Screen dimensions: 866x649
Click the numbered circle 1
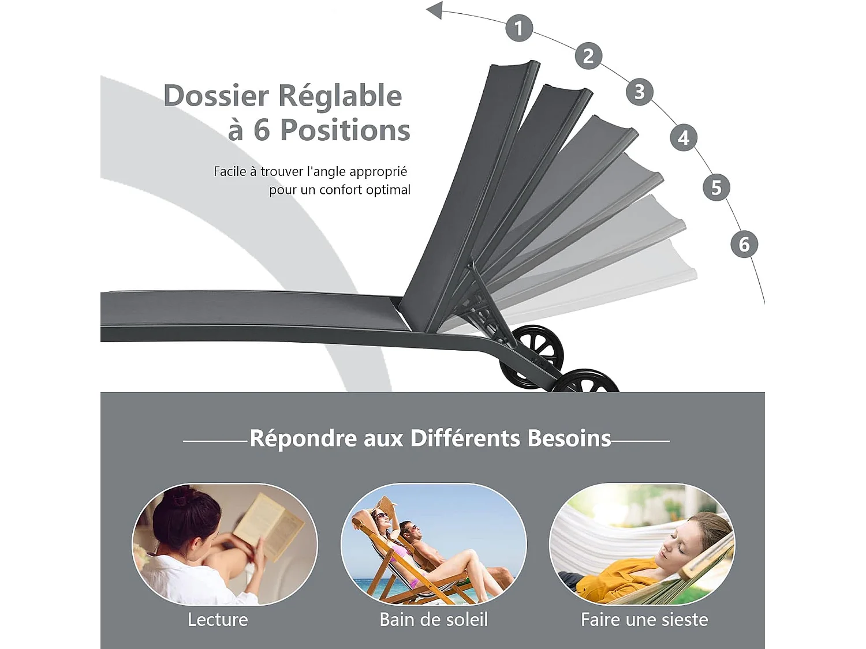click(x=519, y=28)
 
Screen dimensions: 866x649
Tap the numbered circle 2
click(x=588, y=56)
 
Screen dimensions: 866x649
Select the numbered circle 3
click(x=640, y=92)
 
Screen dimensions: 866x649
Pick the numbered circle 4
click(x=684, y=137)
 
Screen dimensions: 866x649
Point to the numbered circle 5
click(x=716, y=187)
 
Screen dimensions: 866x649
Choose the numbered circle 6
click(x=744, y=244)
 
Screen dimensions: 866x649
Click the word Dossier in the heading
click(x=216, y=96)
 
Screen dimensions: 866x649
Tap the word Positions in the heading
click(x=345, y=130)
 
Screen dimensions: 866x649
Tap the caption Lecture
click(x=218, y=620)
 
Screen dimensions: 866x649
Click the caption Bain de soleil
click(x=434, y=620)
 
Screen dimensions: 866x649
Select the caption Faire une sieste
click(x=644, y=620)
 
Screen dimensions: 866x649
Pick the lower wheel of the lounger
click(x=585, y=381)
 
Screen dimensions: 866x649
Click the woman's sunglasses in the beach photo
click(x=382, y=515)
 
